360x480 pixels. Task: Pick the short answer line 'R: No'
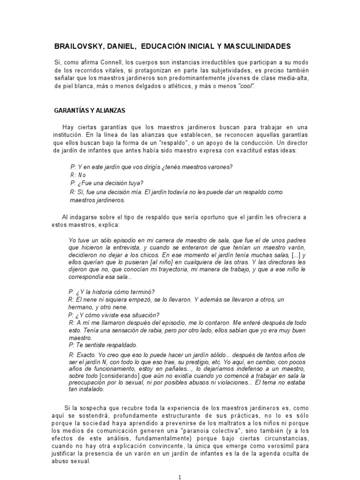point(78,175)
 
